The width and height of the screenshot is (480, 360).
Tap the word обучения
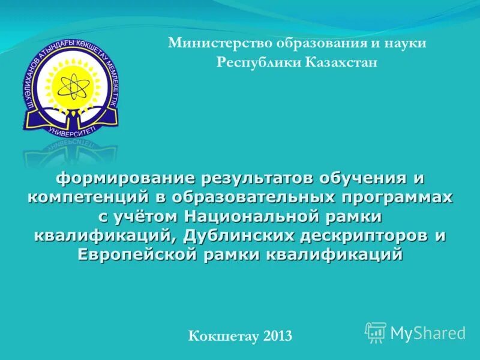[x=367, y=178]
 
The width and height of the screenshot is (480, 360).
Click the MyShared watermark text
[x=428, y=332]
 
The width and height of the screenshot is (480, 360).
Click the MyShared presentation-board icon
[x=376, y=332]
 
